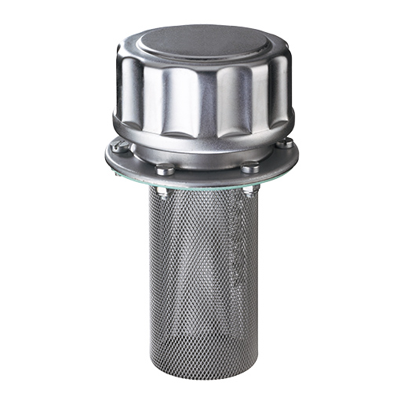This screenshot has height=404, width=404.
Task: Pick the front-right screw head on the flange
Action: point(249,166)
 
